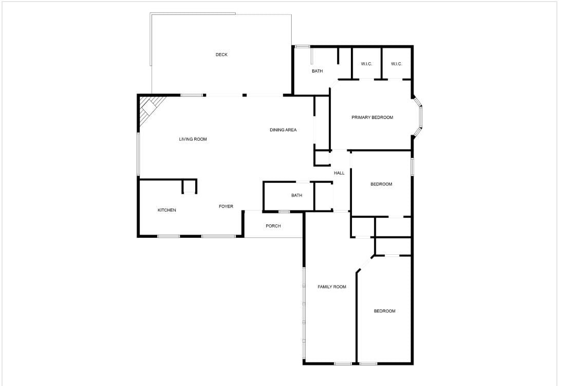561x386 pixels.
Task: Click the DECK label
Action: pyautogui.click(x=221, y=55)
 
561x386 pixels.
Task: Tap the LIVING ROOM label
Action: pyautogui.click(x=193, y=139)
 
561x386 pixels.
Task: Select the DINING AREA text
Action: pyautogui.click(x=283, y=130)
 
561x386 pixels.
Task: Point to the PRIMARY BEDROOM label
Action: pyautogui.click(x=372, y=117)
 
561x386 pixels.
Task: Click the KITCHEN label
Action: pyautogui.click(x=167, y=210)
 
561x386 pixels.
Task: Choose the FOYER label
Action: pyautogui.click(x=226, y=206)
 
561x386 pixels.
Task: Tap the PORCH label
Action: pyautogui.click(x=273, y=226)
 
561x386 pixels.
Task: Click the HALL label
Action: pyautogui.click(x=339, y=173)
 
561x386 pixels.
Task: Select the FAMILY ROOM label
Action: pyautogui.click(x=332, y=287)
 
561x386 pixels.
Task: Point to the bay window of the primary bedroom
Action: pyautogui.click(x=418, y=117)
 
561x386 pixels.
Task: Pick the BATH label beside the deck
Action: pyautogui.click(x=317, y=71)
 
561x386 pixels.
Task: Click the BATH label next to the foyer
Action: pyautogui.click(x=296, y=196)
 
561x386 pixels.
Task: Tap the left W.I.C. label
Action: pyautogui.click(x=366, y=64)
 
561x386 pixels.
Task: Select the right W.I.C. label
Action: pyautogui.click(x=397, y=64)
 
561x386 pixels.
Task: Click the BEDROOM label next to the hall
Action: pyautogui.click(x=381, y=184)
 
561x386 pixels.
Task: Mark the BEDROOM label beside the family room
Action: pyautogui.click(x=385, y=311)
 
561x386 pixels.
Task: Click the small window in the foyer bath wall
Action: pyautogui.click(x=284, y=212)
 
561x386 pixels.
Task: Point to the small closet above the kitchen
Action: pyautogui.click(x=189, y=186)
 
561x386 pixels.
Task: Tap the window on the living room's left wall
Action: pyautogui.click(x=139, y=154)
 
